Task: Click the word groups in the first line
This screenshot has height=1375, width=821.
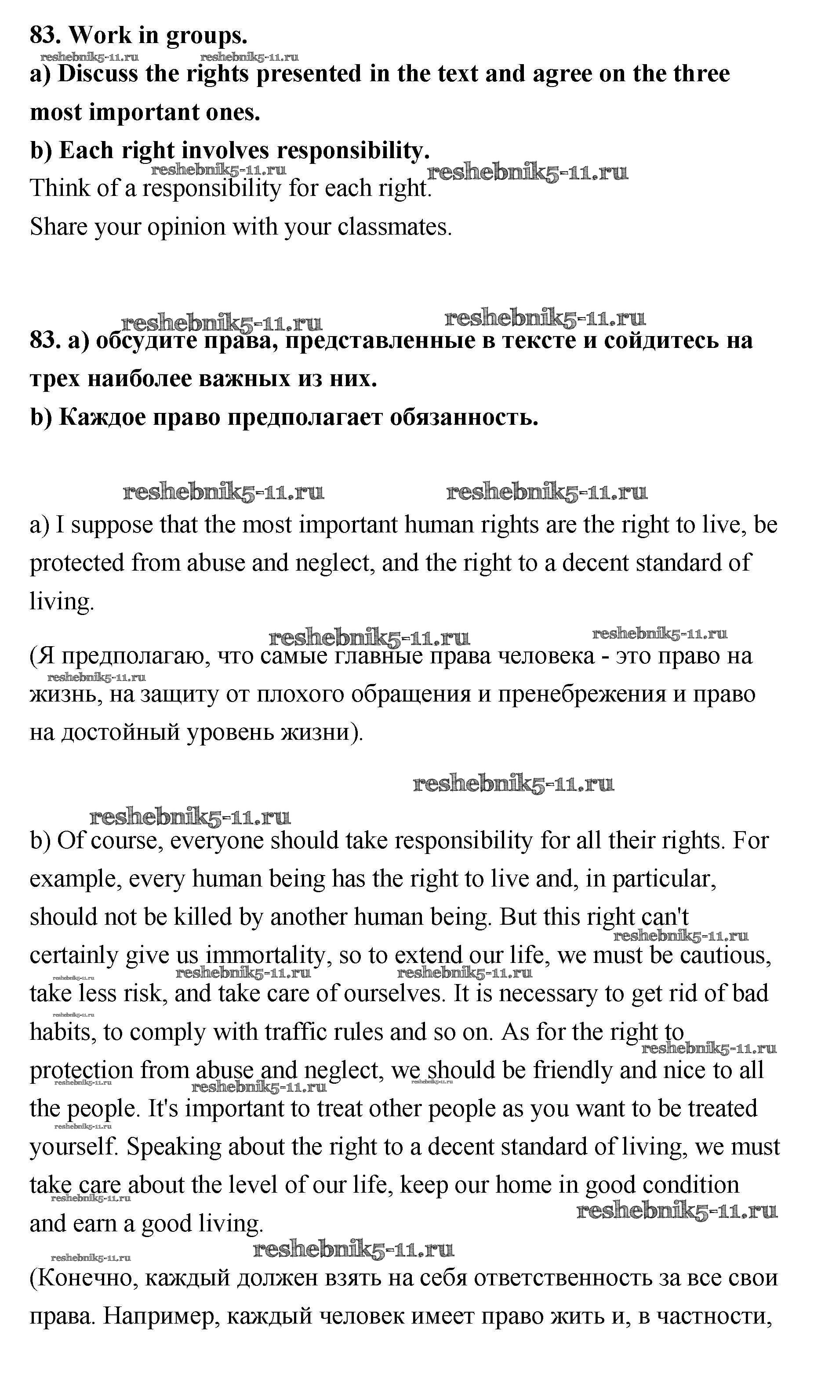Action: (207, 36)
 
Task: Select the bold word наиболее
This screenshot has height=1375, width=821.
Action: (138, 379)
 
